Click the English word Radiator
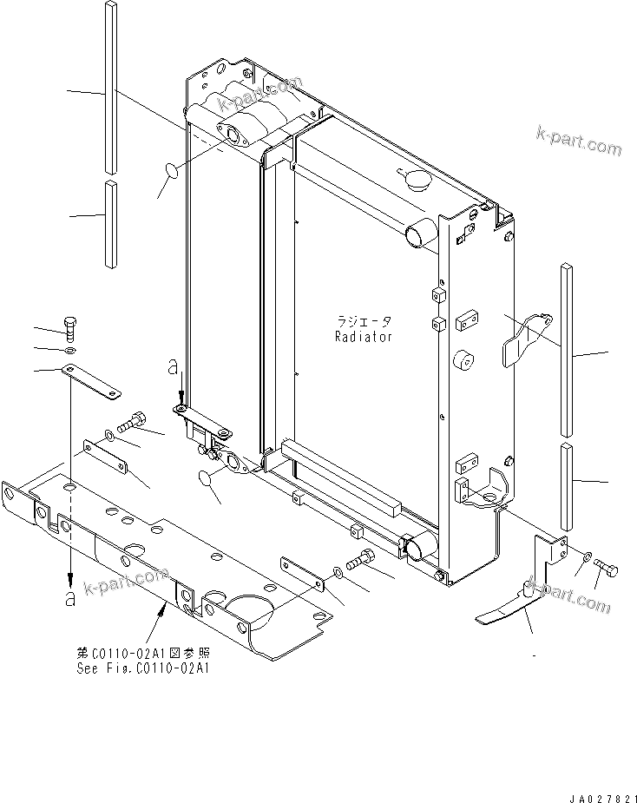[x=363, y=336]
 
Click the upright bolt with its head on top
[x=71, y=327]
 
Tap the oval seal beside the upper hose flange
[x=172, y=173]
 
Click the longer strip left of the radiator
[x=110, y=85]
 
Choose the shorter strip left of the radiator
[x=110, y=222]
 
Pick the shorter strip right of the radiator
[x=567, y=484]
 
